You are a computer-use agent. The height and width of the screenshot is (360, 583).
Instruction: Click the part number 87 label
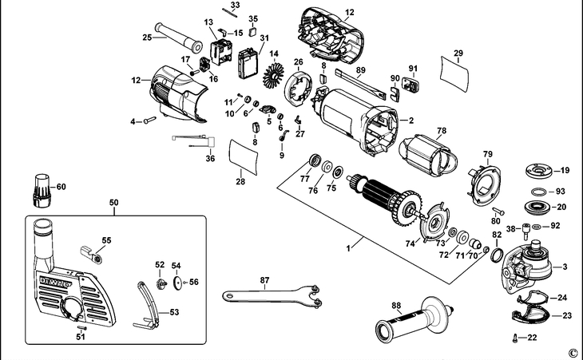[264, 280]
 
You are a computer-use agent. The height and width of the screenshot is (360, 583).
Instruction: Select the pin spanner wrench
[272, 295]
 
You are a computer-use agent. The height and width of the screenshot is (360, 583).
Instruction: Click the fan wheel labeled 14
[273, 76]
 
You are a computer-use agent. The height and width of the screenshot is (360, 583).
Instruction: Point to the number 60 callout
[61, 187]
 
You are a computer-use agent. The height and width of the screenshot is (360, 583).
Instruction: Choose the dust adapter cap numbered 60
[42, 190]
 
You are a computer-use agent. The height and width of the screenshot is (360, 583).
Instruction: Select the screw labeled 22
[516, 338]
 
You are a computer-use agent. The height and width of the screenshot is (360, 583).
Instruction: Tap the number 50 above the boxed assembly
[113, 203]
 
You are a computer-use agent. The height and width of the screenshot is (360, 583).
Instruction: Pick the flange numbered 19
[537, 172]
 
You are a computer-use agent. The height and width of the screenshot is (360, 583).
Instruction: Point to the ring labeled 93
[538, 192]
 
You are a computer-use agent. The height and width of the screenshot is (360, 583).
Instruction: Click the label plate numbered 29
[454, 74]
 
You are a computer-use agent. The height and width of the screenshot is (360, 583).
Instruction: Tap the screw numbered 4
[149, 120]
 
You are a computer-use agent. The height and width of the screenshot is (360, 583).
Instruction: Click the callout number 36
[210, 159]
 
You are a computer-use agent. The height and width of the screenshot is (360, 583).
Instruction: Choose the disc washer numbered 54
[178, 283]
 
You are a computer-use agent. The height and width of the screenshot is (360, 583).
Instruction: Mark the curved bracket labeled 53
[147, 307]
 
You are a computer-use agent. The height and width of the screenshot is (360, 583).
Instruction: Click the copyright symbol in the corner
[573, 353]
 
